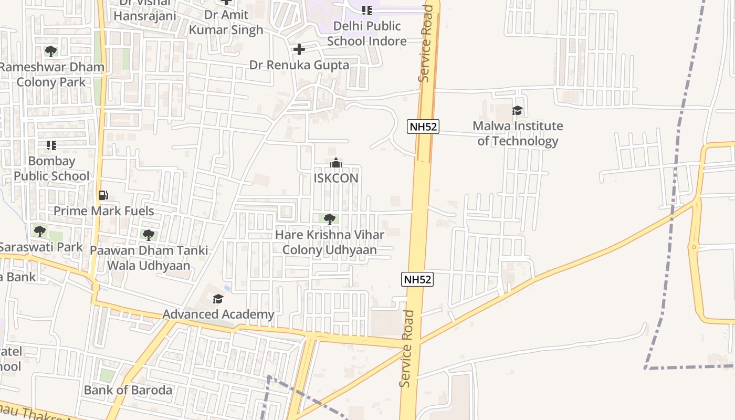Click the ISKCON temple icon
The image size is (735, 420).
[x=336, y=163]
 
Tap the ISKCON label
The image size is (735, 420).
[x=336, y=178]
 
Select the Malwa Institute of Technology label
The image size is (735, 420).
[x=518, y=133]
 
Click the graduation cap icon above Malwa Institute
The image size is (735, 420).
[x=518, y=110]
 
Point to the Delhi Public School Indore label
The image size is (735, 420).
[x=367, y=33]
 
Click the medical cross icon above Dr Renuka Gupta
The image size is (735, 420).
[x=299, y=49]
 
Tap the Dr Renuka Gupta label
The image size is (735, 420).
[x=299, y=65]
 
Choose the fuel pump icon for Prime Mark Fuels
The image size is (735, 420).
[x=103, y=195]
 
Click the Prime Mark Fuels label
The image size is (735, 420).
[x=104, y=211]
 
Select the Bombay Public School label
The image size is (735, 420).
[x=51, y=169]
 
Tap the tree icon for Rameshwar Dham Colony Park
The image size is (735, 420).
[x=51, y=51]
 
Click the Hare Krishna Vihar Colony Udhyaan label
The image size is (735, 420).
[x=330, y=242]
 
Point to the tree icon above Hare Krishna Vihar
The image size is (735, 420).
[x=330, y=219]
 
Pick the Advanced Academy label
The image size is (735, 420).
[x=218, y=314]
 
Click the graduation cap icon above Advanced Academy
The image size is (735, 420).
[x=218, y=299]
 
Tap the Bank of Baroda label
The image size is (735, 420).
[x=128, y=390]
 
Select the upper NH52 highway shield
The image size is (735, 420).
[x=423, y=127]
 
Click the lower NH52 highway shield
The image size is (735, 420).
[x=418, y=279]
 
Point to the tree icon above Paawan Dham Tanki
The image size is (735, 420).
[x=149, y=235]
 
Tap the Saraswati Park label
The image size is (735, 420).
[x=41, y=247]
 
